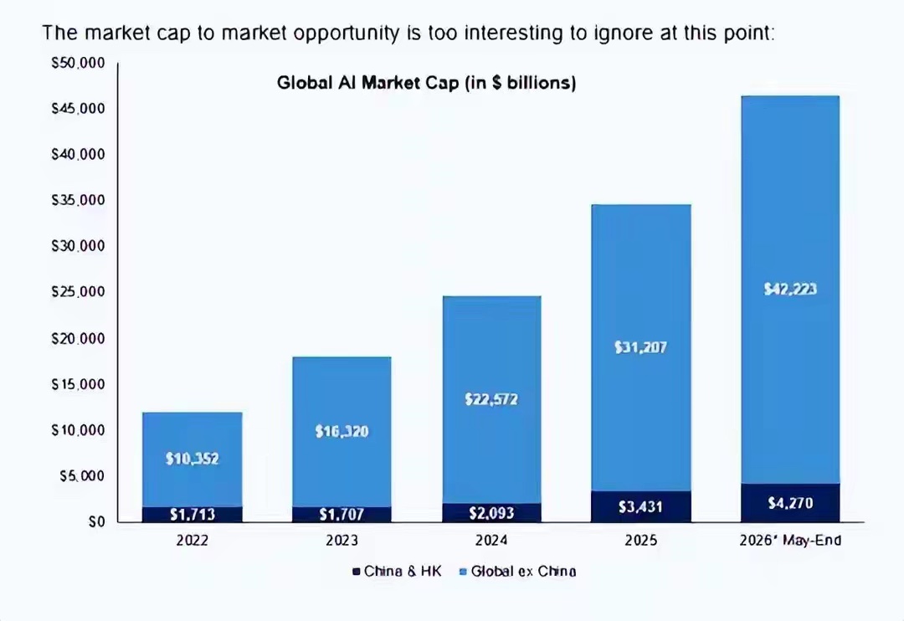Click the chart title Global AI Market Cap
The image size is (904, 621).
(427, 83)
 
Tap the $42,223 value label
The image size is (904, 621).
(790, 289)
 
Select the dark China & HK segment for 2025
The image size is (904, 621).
(641, 507)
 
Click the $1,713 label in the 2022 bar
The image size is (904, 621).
(192, 515)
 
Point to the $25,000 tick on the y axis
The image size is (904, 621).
(79, 292)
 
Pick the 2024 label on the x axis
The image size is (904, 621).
(491, 541)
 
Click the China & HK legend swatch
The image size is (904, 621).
(357, 572)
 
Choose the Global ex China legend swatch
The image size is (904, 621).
(462, 572)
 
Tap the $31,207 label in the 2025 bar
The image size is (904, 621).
(640, 347)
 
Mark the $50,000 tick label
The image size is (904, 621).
(79, 63)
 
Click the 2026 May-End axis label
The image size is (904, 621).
(790, 541)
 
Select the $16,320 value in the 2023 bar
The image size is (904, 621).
(342, 431)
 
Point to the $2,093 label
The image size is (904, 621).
(491, 512)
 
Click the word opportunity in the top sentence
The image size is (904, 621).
(346, 33)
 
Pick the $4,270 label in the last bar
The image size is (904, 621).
(790, 503)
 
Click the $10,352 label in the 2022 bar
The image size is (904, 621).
(192, 459)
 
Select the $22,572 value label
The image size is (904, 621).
(491, 399)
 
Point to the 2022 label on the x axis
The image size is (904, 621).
(192, 541)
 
